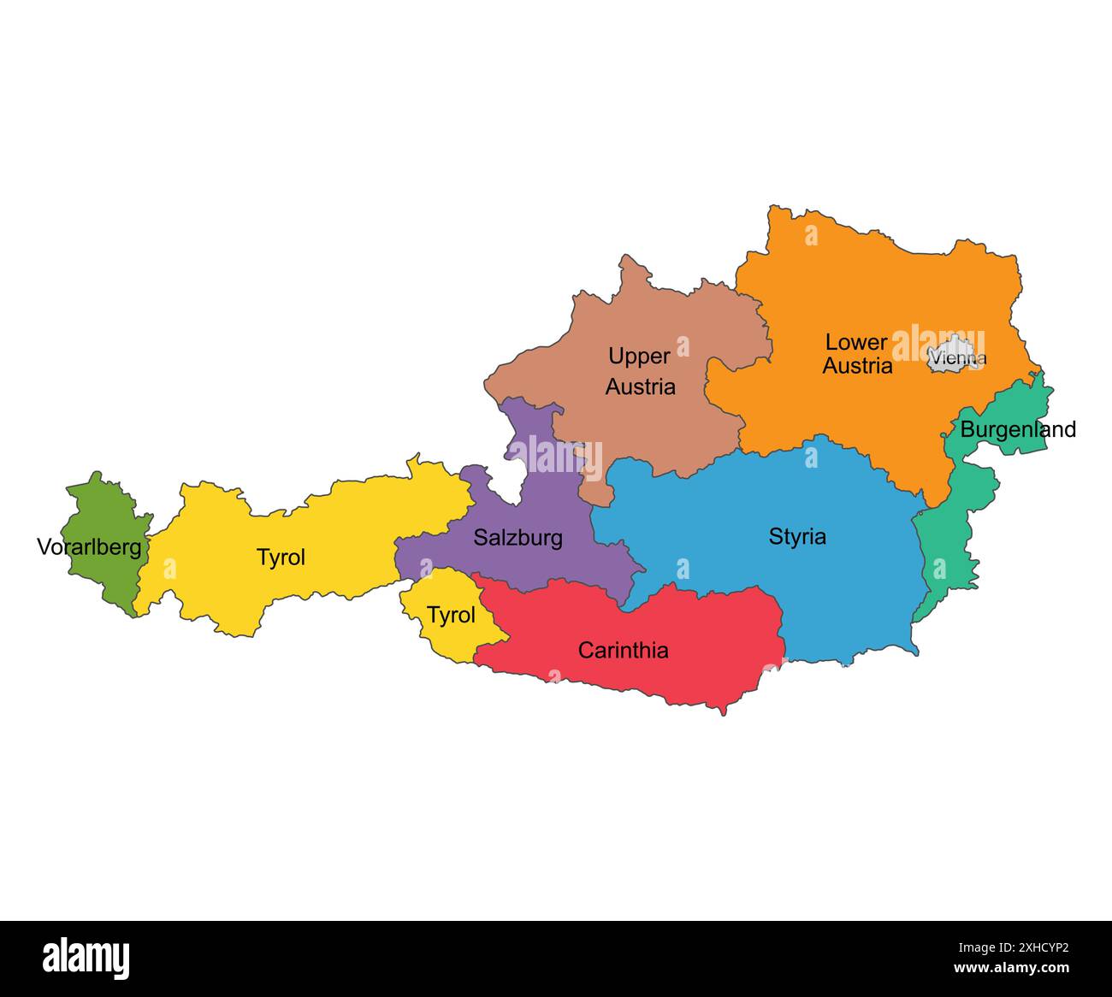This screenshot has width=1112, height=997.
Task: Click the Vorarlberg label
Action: [x=89, y=547]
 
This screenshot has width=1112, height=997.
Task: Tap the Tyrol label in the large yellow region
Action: [x=281, y=557]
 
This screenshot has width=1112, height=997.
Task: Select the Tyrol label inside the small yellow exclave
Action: [x=451, y=616]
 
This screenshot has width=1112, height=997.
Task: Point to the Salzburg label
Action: [x=518, y=538]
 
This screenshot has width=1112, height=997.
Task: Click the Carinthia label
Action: [x=623, y=651]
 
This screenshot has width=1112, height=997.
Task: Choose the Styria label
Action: [x=797, y=537]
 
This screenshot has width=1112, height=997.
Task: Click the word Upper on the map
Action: [x=639, y=356]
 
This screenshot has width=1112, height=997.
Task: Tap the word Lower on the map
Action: [x=856, y=342]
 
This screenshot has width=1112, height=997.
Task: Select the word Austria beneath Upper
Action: [x=640, y=386]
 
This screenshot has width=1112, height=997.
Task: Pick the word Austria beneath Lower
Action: [x=857, y=366]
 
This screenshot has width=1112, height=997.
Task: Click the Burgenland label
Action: [x=1018, y=429]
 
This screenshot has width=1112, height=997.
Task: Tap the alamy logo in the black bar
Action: [x=86, y=958]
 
